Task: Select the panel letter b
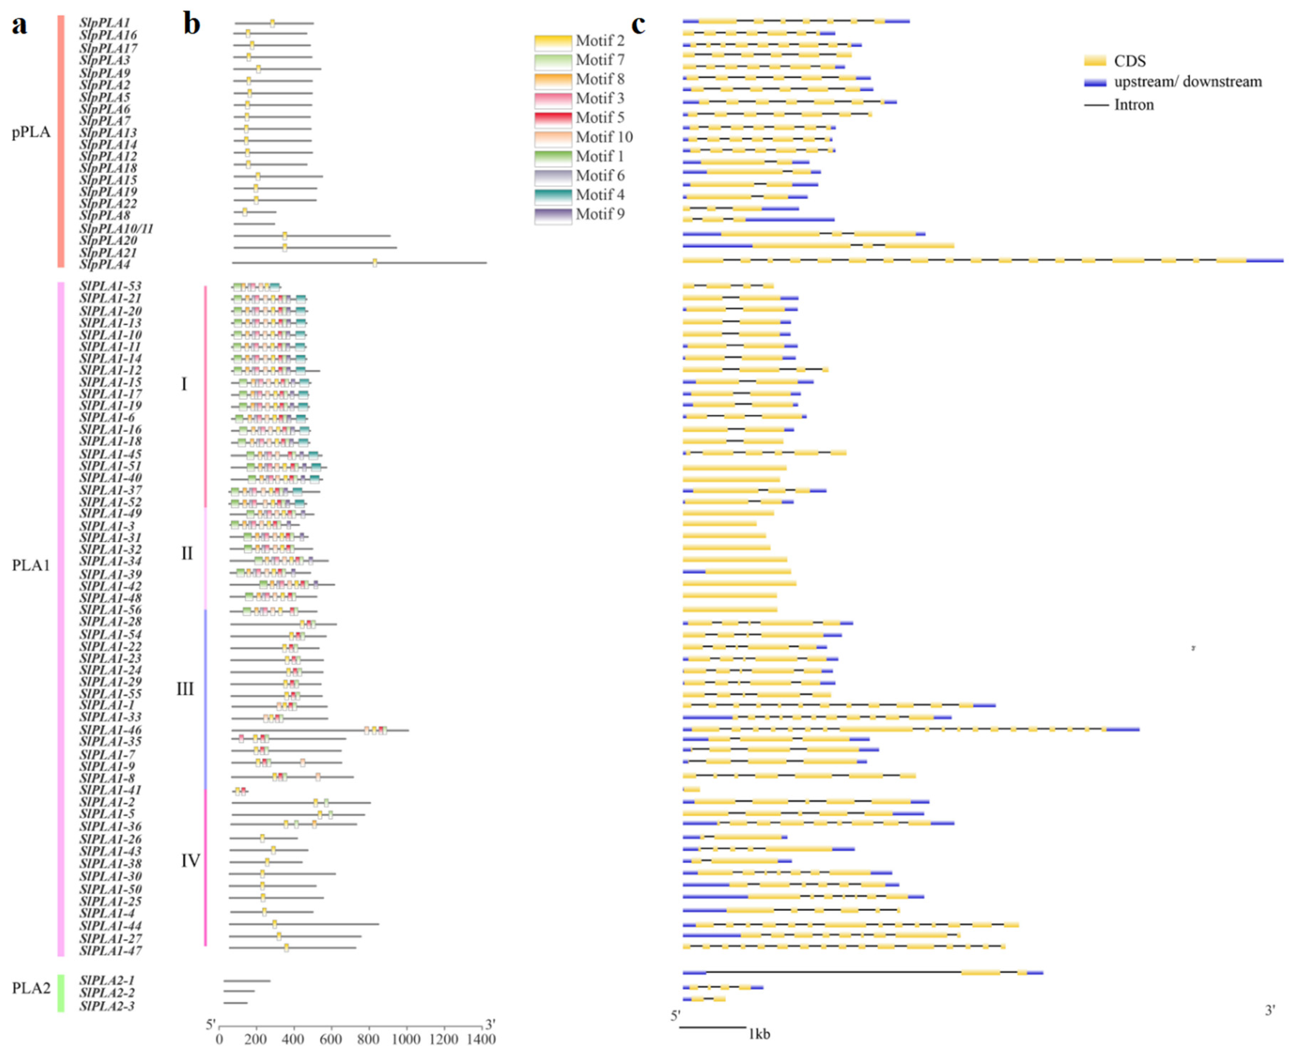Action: (x=192, y=26)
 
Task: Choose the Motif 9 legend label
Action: (x=600, y=214)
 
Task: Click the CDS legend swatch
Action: (x=1095, y=61)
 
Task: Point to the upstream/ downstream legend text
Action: (x=1187, y=82)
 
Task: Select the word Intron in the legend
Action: (x=1134, y=105)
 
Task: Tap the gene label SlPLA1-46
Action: (x=110, y=730)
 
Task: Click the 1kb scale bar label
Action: (x=759, y=1034)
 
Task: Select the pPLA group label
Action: (x=31, y=133)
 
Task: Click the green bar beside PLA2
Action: (x=61, y=993)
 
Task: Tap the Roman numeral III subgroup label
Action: (x=185, y=689)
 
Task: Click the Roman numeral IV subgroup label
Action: (x=190, y=861)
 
